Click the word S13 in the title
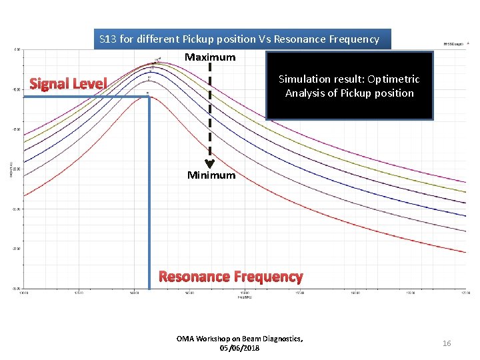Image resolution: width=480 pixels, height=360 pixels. pos(108,39)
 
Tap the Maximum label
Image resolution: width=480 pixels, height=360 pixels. pos(210,57)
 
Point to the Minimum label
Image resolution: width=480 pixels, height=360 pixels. pos(211,175)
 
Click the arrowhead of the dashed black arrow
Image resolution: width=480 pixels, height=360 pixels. pos(209,164)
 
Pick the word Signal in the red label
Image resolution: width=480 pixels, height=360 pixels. pos(51,84)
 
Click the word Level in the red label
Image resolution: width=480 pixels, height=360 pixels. pos(90,84)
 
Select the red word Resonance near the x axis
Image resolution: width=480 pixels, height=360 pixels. pos(193,277)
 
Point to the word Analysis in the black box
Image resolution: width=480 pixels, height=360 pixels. pos(305,93)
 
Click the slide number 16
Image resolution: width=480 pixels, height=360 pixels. pos(447,343)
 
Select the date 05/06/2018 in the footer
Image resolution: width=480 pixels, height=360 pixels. pos(239,348)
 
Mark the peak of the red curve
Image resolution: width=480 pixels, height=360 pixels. pos(149,97)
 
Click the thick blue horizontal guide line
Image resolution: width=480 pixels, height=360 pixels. pos(87,97)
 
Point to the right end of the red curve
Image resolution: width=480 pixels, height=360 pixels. pos(465,252)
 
